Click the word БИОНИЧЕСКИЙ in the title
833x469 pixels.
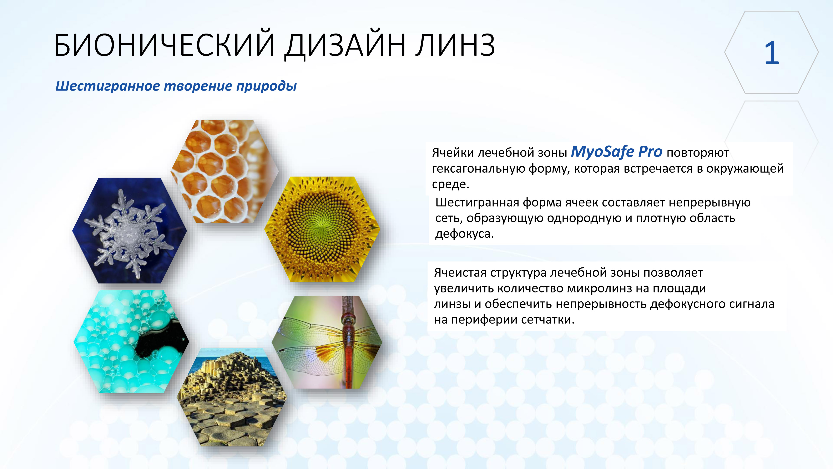pyautogui.click(x=165, y=45)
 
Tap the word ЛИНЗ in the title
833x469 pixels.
pyautogui.click(x=455, y=45)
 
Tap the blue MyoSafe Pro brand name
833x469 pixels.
pyautogui.click(x=616, y=152)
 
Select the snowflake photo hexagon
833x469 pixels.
pyautogui.click(x=129, y=231)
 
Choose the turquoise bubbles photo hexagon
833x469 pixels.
pyautogui.click(x=131, y=341)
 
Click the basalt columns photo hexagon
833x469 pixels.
pyautogui.click(x=232, y=398)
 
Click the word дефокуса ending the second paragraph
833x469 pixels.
pyautogui.click(x=464, y=234)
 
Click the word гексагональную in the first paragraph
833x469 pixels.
pyautogui.click(x=478, y=169)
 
